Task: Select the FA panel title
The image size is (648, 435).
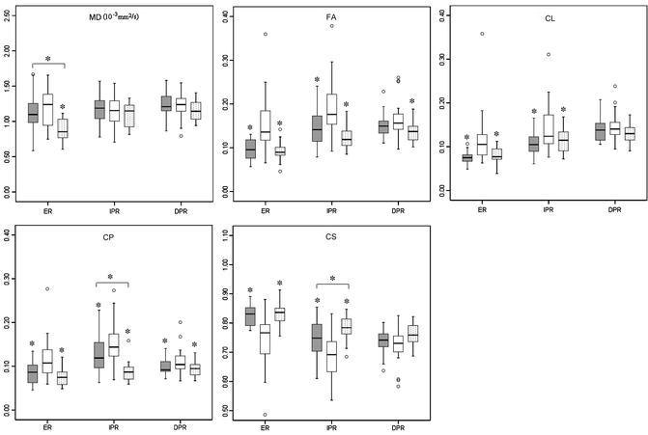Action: [317, 17]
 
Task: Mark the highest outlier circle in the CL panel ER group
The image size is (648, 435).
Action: [482, 34]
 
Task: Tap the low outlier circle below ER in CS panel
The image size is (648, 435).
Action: [264, 414]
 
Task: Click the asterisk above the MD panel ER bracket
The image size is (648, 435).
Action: [47, 59]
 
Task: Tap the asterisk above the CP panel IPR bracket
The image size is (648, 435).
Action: [110, 278]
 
